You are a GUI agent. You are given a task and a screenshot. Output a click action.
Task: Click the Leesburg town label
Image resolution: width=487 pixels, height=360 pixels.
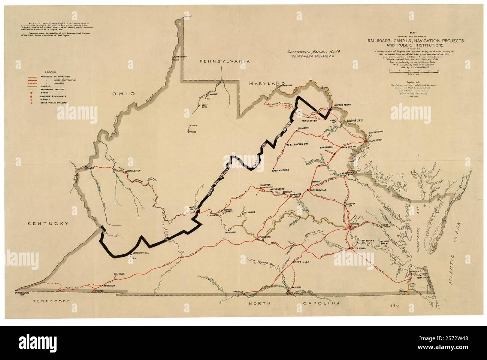tap(354, 121)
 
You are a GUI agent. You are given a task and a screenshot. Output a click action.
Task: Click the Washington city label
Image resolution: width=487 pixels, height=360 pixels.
tap(376, 132)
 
